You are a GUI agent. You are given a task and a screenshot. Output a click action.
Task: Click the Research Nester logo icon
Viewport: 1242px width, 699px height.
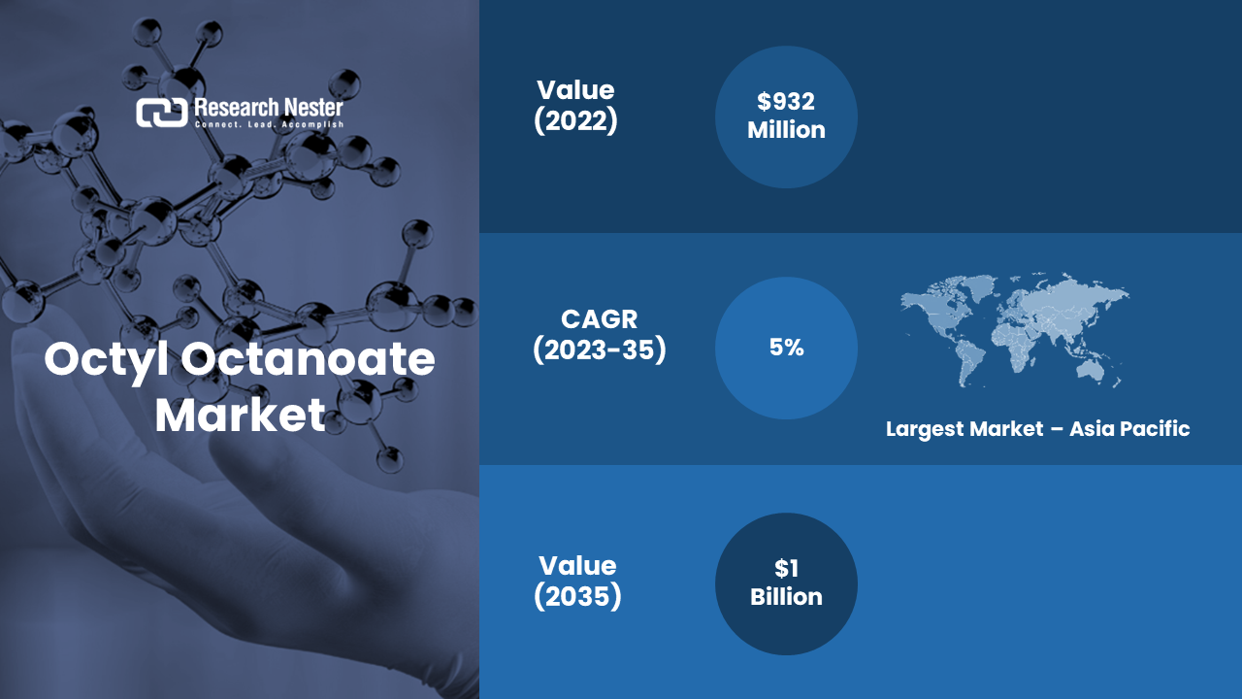161,113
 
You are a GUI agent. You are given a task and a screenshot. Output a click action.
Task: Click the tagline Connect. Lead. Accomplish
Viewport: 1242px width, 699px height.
269,125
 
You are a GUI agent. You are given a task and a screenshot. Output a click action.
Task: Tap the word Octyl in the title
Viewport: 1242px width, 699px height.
107,360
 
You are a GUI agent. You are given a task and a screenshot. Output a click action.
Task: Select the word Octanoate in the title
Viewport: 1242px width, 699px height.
309,359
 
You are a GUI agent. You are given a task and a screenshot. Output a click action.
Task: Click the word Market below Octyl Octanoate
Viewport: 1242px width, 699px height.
240,415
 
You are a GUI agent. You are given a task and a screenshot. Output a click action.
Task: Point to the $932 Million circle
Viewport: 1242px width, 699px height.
786,117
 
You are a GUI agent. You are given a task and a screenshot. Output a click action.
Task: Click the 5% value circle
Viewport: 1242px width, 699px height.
786,348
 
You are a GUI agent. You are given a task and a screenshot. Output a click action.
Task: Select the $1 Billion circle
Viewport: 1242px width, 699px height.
786,583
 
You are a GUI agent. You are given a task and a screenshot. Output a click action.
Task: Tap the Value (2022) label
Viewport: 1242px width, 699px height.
575,106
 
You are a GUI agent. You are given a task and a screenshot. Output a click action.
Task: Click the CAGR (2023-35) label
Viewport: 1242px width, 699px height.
600,335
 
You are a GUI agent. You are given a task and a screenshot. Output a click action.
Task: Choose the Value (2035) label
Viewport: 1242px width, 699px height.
577,581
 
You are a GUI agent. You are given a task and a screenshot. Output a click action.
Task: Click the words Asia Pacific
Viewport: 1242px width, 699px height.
1129,429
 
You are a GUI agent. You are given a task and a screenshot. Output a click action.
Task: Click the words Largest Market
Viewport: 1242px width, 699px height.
964,429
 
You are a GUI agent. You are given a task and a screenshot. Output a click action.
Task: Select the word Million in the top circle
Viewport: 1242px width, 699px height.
786,130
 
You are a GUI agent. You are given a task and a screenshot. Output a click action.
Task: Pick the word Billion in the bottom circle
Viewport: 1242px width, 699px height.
786,597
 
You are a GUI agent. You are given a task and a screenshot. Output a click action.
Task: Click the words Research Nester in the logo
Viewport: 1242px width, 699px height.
269,107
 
